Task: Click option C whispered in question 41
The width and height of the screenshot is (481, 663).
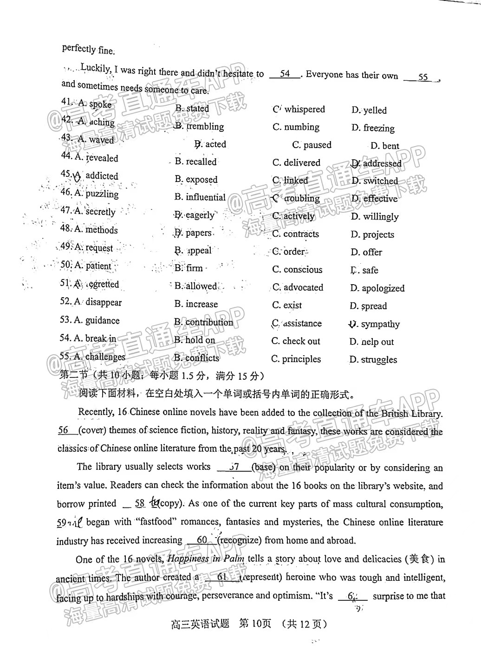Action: [299, 110]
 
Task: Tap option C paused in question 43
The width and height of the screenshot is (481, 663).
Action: [312, 145]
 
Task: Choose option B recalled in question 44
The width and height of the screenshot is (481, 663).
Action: [196, 162]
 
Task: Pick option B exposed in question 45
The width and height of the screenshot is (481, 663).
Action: [196, 180]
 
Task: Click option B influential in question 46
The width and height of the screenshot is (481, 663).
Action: [200, 197]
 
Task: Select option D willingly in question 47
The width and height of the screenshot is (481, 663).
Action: [375, 217]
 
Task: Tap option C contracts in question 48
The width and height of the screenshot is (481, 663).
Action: [296, 234]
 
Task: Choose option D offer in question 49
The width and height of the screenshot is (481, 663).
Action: [366, 253]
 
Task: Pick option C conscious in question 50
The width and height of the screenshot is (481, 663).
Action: [297, 270]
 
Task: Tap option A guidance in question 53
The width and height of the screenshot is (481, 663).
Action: [90, 320]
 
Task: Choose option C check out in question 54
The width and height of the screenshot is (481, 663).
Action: [296, 341]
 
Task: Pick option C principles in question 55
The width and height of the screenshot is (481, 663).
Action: [296, 359]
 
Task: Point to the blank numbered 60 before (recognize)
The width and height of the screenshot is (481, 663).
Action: [202, 540]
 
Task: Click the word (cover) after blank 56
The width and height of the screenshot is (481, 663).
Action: [92, 430]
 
